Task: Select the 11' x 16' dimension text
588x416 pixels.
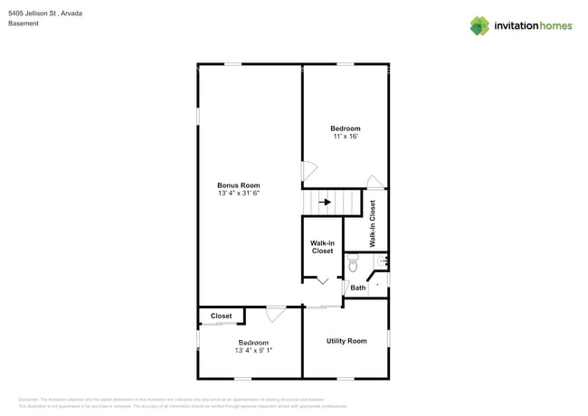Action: click(345, 137)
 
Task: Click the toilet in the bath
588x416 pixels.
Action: click(353, 263)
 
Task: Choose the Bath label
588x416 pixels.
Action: click(358, 288)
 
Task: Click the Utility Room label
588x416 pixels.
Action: click(346, 341)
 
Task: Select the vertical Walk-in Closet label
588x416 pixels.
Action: click(373, 223)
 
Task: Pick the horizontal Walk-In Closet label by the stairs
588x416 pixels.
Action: click(323, 247)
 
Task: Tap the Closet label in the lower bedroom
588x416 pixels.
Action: click(221, 317)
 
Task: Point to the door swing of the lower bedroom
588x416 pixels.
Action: click(275, 314)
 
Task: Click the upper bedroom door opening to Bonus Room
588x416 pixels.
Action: click(308, 170)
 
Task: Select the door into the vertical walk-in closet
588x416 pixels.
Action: click(375, 182)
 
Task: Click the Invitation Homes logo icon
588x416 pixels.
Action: click(479, 25)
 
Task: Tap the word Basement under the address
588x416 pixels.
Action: click(23, 24)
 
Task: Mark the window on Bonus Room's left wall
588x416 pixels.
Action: click(198, 117)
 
